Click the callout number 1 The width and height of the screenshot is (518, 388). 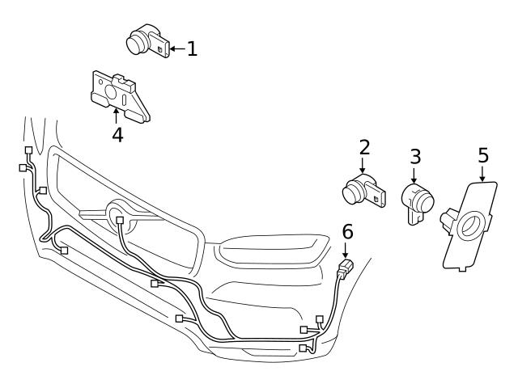[x=191, y=48]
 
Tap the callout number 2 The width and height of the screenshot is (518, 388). [x=364, y=147]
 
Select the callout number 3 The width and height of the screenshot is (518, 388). [x=414, y=156]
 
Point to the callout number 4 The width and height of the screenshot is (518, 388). [x=117, y=134]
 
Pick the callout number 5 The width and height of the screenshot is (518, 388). [x=483, y=154]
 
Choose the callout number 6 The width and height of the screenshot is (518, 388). [x=347, y=232]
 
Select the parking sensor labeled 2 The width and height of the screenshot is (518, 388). [x=361, y=191]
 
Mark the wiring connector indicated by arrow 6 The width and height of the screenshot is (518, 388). [x=346, y=266]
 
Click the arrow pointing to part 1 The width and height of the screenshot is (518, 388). [x=176, y=48]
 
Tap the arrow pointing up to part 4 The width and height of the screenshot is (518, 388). [x=117, y=114]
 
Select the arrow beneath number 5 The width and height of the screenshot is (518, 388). [x=483, y=172]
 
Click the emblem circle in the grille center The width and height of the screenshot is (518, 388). [x=119, y=217]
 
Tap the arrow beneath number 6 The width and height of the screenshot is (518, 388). [x=347, y=250]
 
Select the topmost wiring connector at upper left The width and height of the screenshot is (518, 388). [x=28, y=150]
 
